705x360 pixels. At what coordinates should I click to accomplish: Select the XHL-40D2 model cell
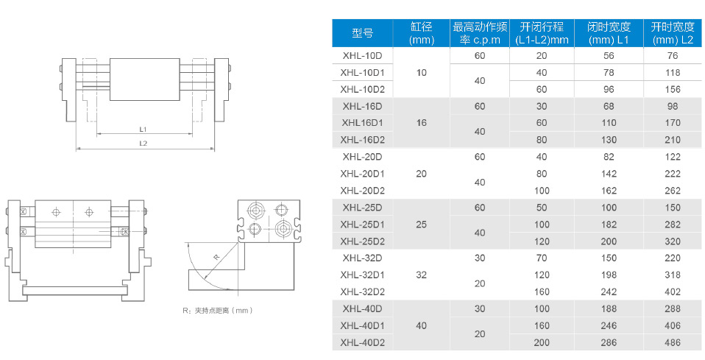click(363, 342)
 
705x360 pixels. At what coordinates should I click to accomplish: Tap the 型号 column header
click(363, 33)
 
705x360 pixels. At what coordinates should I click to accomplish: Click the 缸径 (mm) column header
click(422, 32)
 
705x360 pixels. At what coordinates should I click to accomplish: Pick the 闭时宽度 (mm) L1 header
click(608, 32)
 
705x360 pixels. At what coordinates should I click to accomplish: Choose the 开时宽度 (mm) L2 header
click(672, 32)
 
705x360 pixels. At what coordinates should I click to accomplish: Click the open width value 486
click(673, 342)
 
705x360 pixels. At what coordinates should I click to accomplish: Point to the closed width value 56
click(609, 56)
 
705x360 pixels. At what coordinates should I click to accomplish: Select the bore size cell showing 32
click(422, 275)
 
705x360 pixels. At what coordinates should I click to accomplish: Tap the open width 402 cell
click(673, 292)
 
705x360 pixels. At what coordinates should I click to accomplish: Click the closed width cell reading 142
click(609, 174)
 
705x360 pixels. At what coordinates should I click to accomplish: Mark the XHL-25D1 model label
click(363, 224)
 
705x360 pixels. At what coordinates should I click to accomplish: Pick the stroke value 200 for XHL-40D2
click(542, 342)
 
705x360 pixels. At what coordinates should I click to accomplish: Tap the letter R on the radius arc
click(216, 257)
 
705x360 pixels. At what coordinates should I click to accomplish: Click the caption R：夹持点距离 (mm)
click(219, 311)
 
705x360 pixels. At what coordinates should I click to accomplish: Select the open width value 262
click(673, 190)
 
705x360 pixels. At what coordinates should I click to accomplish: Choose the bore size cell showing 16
click(422, 123)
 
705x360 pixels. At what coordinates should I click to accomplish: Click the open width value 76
click(673, 56)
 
